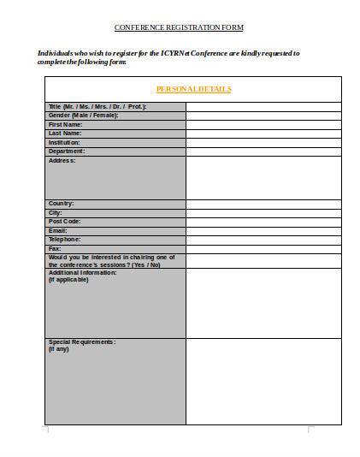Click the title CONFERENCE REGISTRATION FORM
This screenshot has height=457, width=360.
pyautogui.click(x=179, y=28)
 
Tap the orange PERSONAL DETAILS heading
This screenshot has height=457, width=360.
pyautogui.click(x=193, y=89)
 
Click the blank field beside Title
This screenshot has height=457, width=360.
pyautogui.click(x=263, y=107)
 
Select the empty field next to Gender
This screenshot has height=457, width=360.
pyautogui.click(x=263, y=116)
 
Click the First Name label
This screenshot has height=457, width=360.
pyautogui.click(x=66, y=125)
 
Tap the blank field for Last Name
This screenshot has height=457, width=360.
pyautogui.click(x=263, y=134)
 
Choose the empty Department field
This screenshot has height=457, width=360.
pyautogui.click(x=263, y=151)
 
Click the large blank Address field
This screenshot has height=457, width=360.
pyautogui.click(x=263, y=177)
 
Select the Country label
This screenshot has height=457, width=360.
pyautogui.click(x=62, y=204)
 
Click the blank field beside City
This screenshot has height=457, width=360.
pyautogui.click(x=263, y=212)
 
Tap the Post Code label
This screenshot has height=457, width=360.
pyautogui.click(x=65, y=222)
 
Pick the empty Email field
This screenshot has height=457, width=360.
pyautogui.click(x=263, y=230)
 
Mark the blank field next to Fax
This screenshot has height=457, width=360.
pyautogui.click(x=263, y=248)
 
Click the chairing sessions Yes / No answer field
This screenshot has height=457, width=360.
pyautogui.click(x=263, y=260)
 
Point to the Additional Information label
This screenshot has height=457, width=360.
pyautogui.click(x=83, y=272)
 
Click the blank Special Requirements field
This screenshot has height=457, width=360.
pyautogui.click(x=263, y=381)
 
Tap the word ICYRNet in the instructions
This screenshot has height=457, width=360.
pyautogui.click(x=177, y=54)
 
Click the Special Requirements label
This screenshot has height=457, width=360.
pyautogui.click(x=82, y=342)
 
